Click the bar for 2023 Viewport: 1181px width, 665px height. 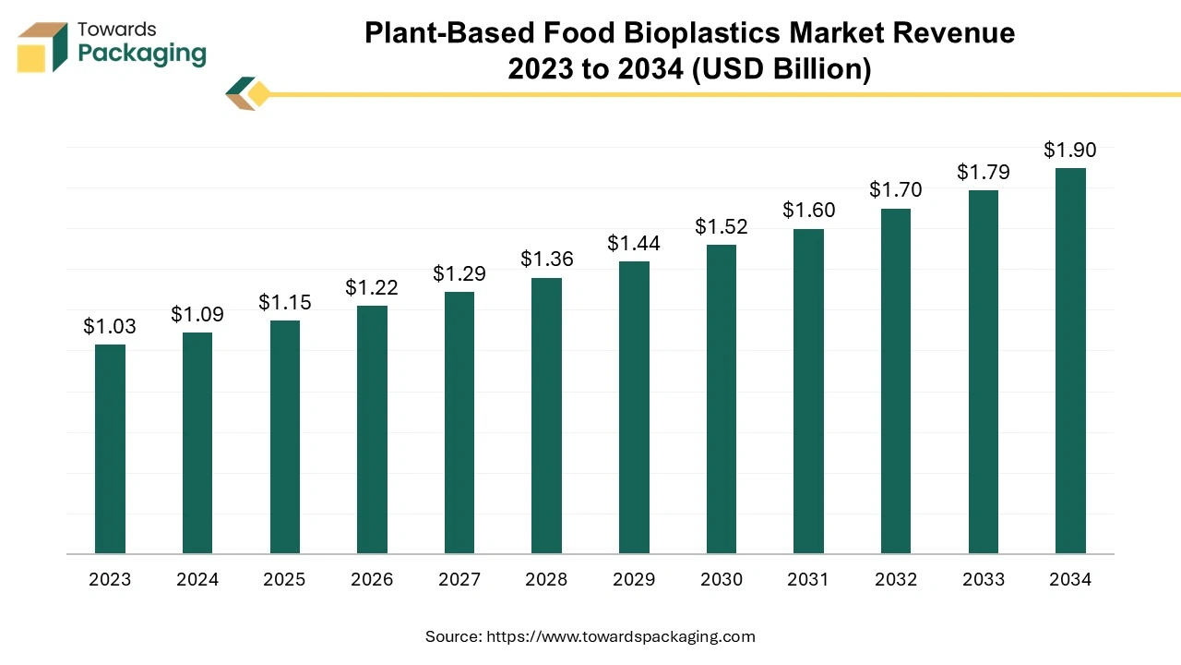(x=110, y=449)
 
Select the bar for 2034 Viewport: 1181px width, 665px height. (x=1070, y=361)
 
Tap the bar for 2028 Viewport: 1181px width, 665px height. (x=546, y=416)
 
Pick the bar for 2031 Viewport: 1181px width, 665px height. (x=808, y=392)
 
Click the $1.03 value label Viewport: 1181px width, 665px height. (x=110, y=326)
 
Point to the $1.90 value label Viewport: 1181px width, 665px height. (x=1070, y=150)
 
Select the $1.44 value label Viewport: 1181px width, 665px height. (x=634, y=244)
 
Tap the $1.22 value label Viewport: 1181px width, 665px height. (x=372, y=287)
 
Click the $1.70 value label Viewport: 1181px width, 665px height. (x=896, y=190)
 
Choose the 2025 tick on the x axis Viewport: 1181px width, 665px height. (x=284, y=580)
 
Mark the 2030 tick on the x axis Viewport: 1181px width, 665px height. (x=722, y=580)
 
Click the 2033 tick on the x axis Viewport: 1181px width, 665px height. (x=984, y=580)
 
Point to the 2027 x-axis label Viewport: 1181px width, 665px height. (x=459, y=580)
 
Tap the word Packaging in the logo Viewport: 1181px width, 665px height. (x=142, y=54)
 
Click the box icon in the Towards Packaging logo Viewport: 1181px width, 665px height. (x=42, y=46)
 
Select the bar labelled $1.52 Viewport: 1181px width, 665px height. (x=722, y=399)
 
